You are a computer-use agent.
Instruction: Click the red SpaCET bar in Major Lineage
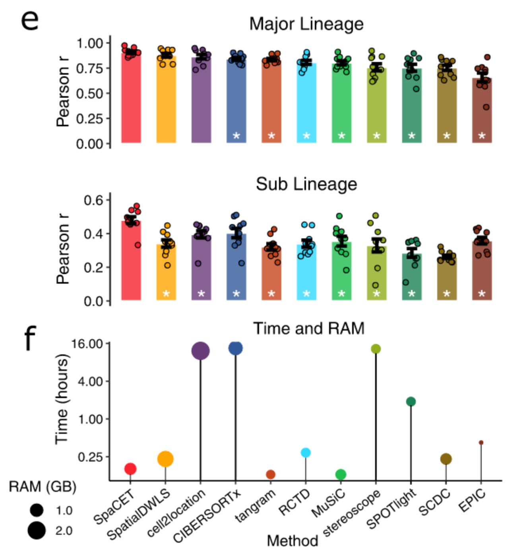tap(131, 99)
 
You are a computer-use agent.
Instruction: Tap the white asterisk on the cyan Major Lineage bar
tap(306, 136)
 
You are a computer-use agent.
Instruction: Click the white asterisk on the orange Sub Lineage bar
tap(166, 294)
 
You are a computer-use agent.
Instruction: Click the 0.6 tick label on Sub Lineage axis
tap(93, 200)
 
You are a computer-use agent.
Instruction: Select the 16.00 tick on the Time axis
tap(87, 343)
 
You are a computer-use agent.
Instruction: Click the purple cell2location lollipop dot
tap(200, 351)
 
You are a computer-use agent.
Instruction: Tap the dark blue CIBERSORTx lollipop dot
tap(235, 348)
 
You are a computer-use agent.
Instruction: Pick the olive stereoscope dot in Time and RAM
tap(376, 349)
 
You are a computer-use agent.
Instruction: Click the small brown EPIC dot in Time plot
tap(481, 443)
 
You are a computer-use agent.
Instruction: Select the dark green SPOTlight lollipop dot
tap(411, 402)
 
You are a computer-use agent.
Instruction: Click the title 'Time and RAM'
tap(308, 329)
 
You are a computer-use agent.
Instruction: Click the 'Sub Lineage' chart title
tap(306, 184)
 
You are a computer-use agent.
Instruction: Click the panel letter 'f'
tap(30, 338)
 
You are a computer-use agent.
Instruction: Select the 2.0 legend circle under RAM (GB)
tap(37, 530)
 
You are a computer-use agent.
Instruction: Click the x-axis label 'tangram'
tap(256, 505)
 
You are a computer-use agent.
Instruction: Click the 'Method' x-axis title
tap(292, 541)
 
